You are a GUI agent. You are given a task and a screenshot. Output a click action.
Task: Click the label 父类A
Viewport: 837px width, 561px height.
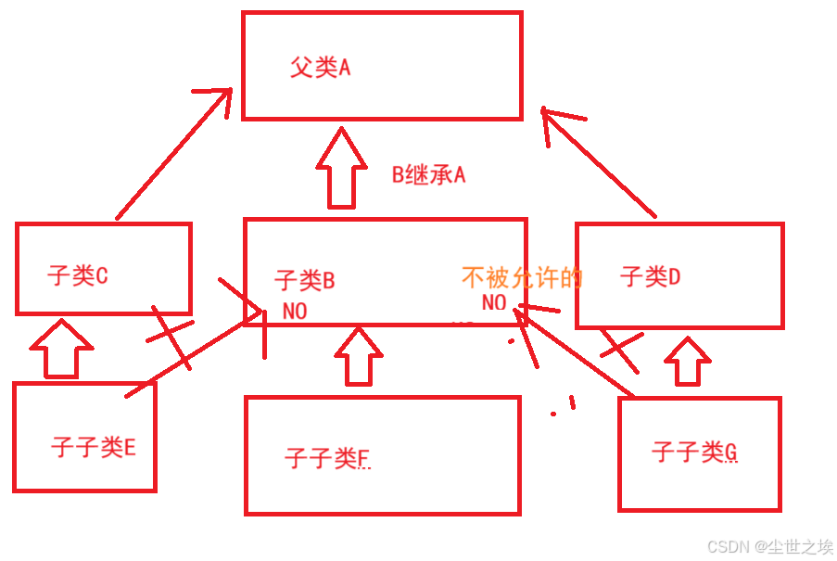pos(320,68)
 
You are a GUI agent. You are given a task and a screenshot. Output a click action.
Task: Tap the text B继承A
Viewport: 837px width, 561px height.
pos(427,174)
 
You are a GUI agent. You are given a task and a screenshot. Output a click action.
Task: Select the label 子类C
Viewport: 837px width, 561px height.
pos(78,275)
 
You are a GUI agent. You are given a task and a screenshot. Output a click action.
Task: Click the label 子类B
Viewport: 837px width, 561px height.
pos(304,279)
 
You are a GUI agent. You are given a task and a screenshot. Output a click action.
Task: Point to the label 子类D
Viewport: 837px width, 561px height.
pos(650,275)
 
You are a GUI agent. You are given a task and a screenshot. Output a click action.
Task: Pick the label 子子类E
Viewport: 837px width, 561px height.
pos(94,448)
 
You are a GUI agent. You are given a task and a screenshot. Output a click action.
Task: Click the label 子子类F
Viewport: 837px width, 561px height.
pos(327,457)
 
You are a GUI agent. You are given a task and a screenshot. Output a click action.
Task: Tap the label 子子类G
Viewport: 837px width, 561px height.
pos(694,453)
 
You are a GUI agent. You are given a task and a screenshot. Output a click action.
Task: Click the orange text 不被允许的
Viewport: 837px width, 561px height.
pos(522,277)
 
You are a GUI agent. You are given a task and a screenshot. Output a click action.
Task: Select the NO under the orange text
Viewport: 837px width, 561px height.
pos(494,302)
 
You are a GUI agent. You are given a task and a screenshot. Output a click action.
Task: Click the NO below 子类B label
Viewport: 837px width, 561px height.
pos(295,312)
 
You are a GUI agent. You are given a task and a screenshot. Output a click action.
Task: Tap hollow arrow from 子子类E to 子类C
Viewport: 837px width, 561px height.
pos(61,349)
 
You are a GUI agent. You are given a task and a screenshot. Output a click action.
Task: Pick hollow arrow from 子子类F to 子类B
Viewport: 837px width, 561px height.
pos(358,355)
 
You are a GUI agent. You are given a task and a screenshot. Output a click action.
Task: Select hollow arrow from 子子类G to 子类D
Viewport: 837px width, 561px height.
pos(687,360)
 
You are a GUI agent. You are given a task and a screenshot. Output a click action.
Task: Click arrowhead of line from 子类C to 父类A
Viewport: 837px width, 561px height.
pos(219,96)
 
